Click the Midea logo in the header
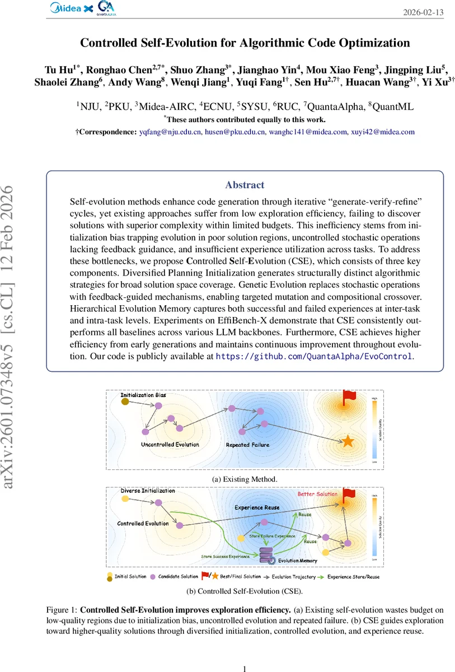click(x=67, y=8)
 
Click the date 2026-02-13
click(x=423, y=13)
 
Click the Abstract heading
click(x=245, y=184)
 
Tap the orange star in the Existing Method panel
click(x=348, y=441)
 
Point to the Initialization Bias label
click(x=143, y=395)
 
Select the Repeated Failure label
click(x=247, y=445)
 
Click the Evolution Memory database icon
click(x=267, y=556)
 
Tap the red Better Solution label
click(x=317, y=494)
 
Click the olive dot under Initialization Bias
click(x=125, y=402)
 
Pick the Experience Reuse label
click(x=256, y=507)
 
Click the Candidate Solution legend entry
click(x=177, y=576)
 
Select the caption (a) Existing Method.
click(x=245, y=479)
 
